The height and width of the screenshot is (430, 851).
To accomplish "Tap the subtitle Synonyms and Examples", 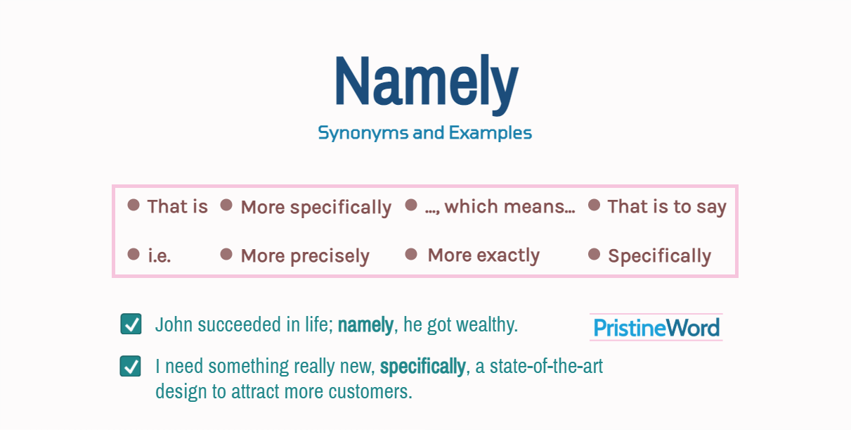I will pyautogui.click(x=424, y=132).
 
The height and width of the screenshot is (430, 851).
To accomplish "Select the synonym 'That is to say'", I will pyautogui.click(x=666, y=207).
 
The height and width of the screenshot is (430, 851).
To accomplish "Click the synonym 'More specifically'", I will pyautogui.click(x=316, y=208).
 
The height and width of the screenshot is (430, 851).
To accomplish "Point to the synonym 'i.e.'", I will pyautogui.click(x=159, y=256).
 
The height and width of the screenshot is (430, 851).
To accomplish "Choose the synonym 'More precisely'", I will pyautogui.click(x=305, y=256).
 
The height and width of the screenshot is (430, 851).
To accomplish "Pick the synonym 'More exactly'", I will pyautogui.click(x=483, y=255).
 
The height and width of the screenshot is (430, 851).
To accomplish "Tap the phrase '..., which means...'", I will pyautogui.click(x=500, y=207).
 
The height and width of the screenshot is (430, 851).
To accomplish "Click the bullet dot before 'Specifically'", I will pyautogui.click(x=594, y=254).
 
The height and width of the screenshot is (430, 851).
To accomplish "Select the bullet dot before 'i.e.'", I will pyautogui.click(x=134, y=254).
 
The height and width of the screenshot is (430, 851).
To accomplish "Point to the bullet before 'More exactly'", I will pyautogui.click(x=412, y=254).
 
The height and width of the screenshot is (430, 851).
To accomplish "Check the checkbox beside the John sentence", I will pyautogui.click(x=131, y=324).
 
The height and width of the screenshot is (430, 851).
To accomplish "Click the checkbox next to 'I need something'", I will pyautogui.click(x=131, y=367).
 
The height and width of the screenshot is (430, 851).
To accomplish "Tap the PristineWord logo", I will pyautogui.click(x=656, y=328).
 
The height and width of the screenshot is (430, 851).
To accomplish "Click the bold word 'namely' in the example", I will pyautogui.click(x=365, y=325).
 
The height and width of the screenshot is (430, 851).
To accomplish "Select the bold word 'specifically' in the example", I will pyautogui.click(x=422, y=367).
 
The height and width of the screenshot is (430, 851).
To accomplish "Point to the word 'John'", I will pyautogui.click(x=174, y=325).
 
